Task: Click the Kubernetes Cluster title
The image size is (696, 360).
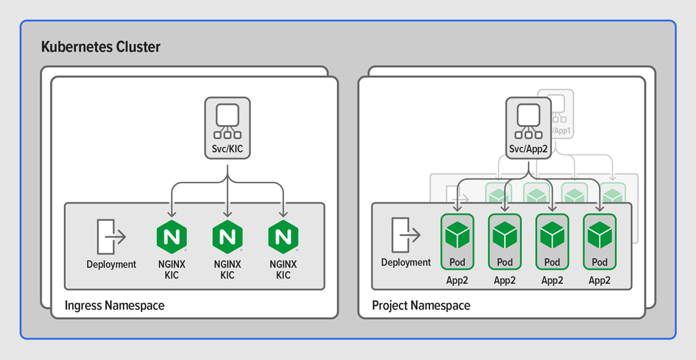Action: [101, 47]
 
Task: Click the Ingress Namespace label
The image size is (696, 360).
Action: [114, 306]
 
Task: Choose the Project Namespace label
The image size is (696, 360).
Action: [421, 306]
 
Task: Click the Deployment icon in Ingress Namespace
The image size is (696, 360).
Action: [111, 236]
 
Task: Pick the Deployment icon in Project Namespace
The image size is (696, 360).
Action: [406, 234]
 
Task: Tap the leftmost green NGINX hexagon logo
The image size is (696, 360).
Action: [171, 237]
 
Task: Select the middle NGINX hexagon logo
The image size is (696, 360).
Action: [227, 237]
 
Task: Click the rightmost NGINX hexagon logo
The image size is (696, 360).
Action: [283, 237]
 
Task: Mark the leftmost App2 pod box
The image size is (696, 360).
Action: [457, 241]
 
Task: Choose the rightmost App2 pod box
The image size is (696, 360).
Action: [599, 241]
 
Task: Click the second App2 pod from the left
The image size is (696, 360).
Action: [504, 241]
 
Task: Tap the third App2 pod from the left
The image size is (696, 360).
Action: [552, 241]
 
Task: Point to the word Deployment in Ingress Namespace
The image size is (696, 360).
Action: [111, 265]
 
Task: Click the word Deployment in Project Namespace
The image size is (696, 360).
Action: [406, 263]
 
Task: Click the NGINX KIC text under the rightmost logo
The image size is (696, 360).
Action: [283, 270]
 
